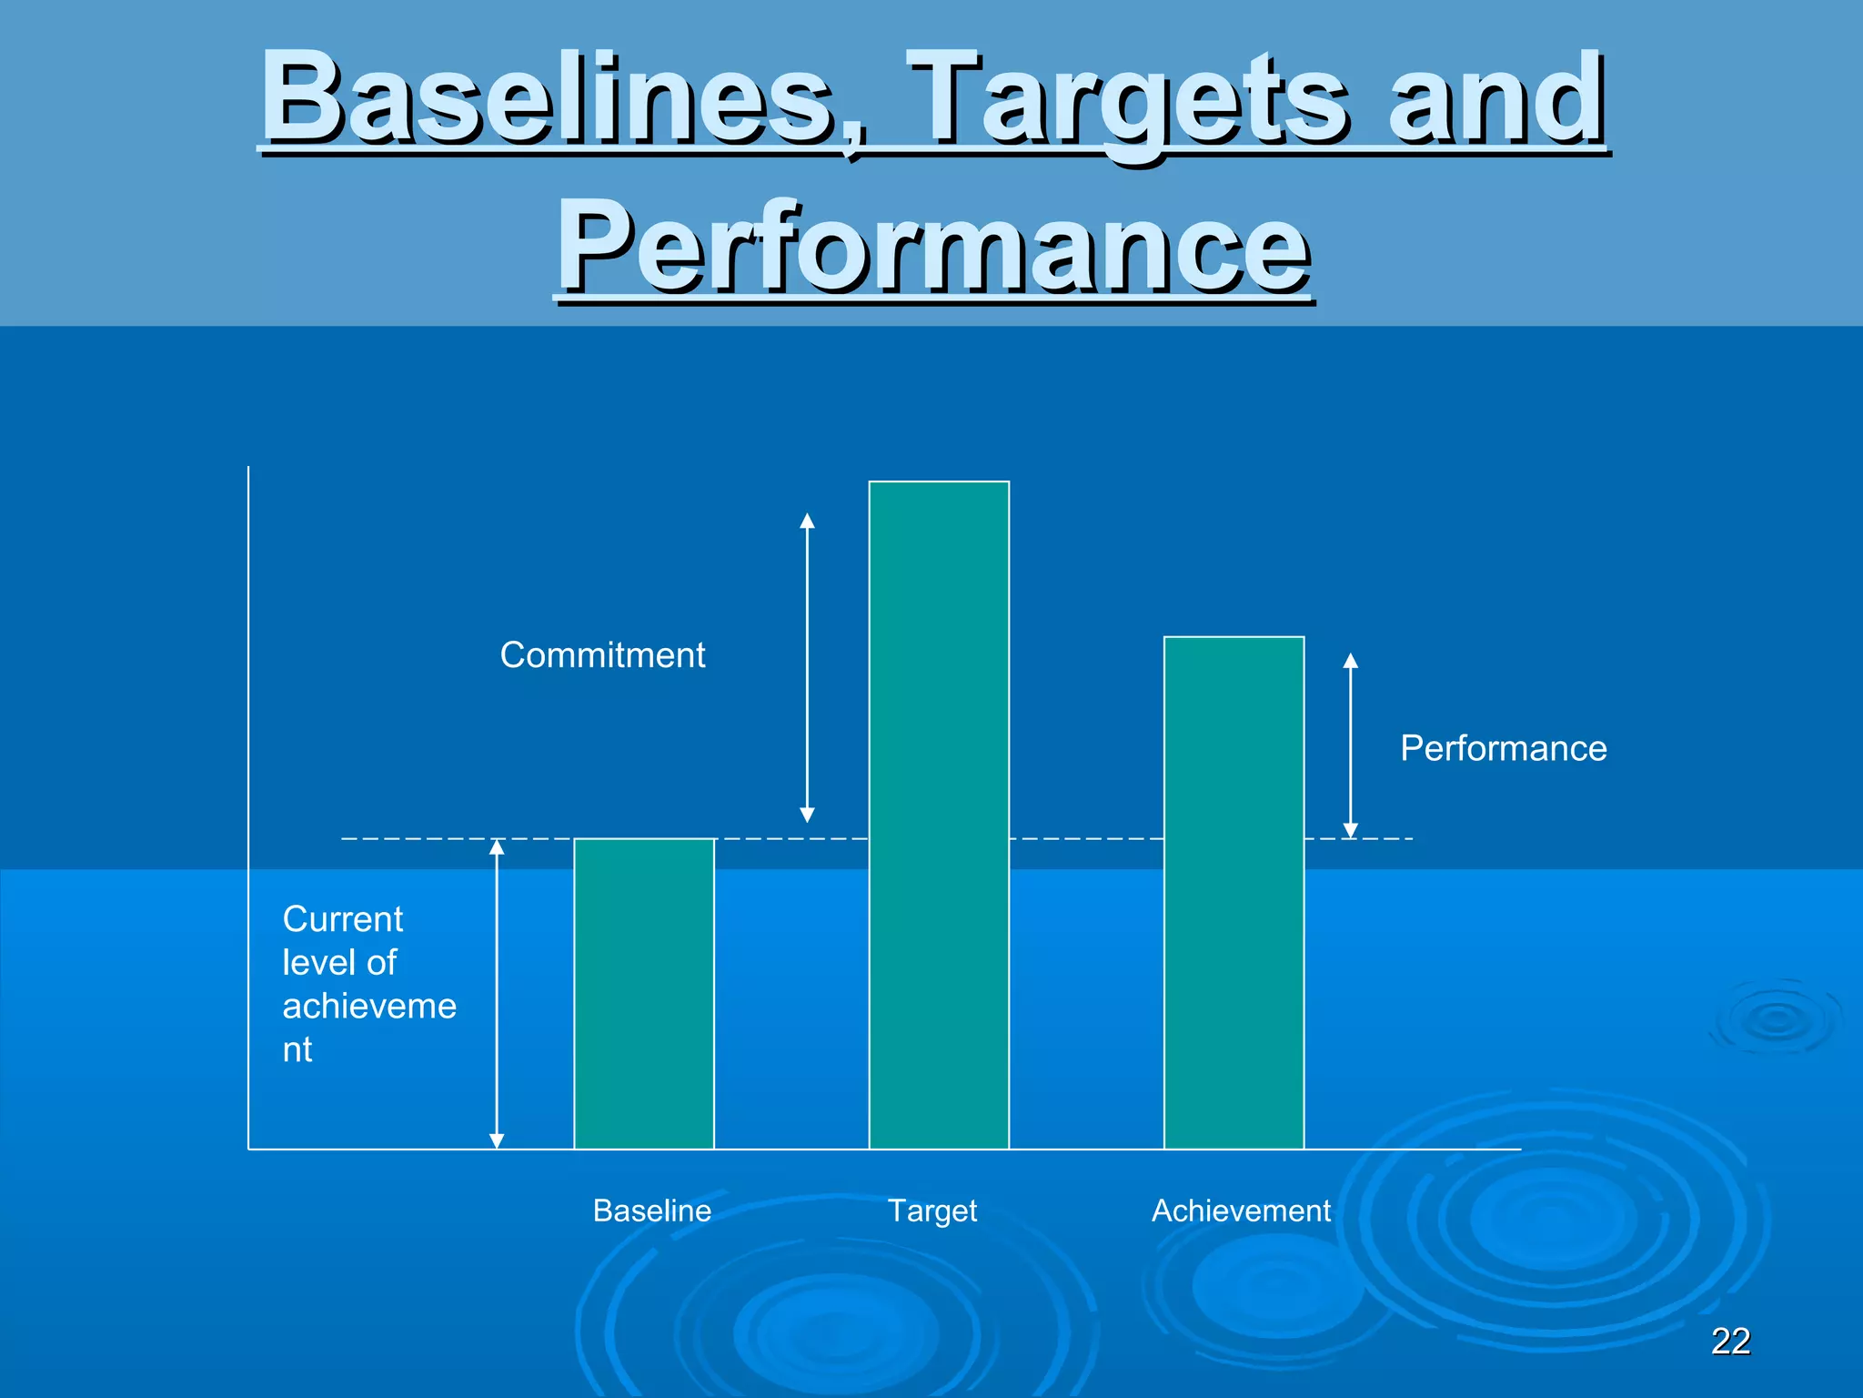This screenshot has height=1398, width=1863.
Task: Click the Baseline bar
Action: point(644,993)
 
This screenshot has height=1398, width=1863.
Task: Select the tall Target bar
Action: point(939,815)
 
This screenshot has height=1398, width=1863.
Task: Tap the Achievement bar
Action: point(1234,892)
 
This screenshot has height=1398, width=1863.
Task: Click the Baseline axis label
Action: point(651,1211)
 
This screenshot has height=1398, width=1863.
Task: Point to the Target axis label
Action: point(931,1211)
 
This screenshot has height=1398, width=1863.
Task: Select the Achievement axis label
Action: point(1241,1211)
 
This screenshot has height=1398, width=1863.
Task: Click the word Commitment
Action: point(602,655)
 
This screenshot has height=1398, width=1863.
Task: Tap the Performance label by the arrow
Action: point(1503,748)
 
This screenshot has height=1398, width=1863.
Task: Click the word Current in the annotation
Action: point(342,919)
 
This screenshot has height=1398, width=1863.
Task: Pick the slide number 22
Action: point(1730,1341)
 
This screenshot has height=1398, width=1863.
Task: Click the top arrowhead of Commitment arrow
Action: point(807,521)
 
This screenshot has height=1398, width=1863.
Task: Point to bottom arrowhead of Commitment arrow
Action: point(807,815)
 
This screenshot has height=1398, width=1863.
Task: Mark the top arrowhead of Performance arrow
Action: point(1351,661)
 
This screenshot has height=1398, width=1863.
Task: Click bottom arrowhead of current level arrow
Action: point(497,1141)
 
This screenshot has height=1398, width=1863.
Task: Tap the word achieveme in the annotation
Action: point(369,1007)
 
